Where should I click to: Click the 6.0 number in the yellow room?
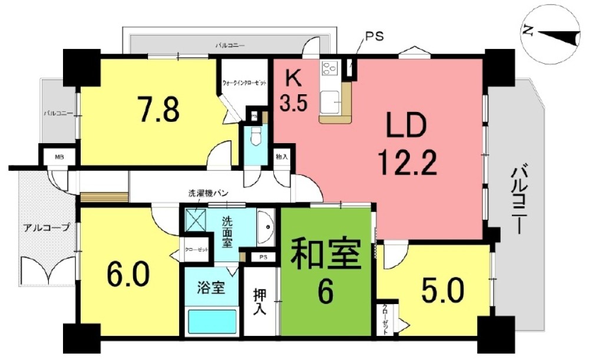[128, 273]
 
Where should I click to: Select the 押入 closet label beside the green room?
[259, 302]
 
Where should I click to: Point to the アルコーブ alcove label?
[47, 227]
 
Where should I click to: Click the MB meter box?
[59, 157]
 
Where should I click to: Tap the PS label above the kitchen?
[374, 36]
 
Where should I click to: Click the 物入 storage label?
[282, 157]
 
